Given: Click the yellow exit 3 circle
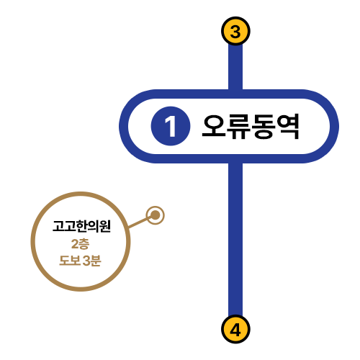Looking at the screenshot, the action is pyautogui.click(x=235, y=31).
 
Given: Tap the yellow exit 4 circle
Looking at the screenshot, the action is pyautogui.click(x=235, y=329).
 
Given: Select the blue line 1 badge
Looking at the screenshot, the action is pyautogui.click(x=171, y=126).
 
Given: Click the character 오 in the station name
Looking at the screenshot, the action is pyautogui.click(x=214, y=126).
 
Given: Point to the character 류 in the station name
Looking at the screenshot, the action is pyautogui.click(x=238, y=126).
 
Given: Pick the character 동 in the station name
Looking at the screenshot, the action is pyautogui.click(x=264, y=126).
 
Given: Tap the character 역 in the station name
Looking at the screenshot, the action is pyautogui.click(x=287, y=126).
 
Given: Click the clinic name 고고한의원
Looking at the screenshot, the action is pyautogui.click(x=81, y=226).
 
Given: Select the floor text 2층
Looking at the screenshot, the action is pyautogui.click(x=80, y=244).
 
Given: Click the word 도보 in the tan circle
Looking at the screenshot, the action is pyautogui.click(x=70, y=261).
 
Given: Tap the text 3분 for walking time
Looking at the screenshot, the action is pyautogui.click(x=91, y=261).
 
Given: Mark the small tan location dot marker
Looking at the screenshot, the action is pyautogui.click(x=156, y=215).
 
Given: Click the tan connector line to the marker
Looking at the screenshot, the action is pyautogui.click(x=139, y=222).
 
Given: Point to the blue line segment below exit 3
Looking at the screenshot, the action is pyautogui.click(x=235, y=67).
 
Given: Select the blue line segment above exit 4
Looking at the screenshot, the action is pyautogui.click(x=235, y=239).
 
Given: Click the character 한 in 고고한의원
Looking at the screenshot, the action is pyautogui.click(x=82, y=226).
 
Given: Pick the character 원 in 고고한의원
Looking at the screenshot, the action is pyautogui.click(x=105, y=226).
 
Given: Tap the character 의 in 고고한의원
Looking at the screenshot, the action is pyautogui.click(x=94, y=226).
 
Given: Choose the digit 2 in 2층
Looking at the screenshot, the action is pyautogui.click(x=75, y=244).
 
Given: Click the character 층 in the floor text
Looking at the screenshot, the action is pyautogui.click(x=84, y=244).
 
